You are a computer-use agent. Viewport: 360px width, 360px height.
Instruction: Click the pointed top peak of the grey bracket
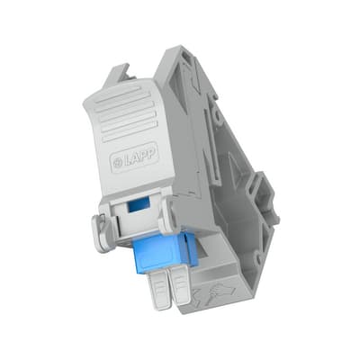tap(174, 49)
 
